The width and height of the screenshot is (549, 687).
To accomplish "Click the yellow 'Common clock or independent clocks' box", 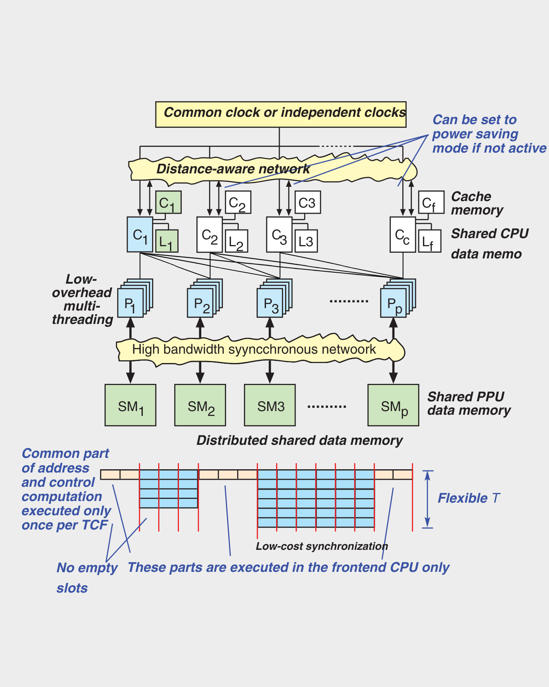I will coord(281,114).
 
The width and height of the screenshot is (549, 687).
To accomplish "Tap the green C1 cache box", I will coord(168,202).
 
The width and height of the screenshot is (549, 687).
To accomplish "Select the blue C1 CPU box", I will coord(140,234).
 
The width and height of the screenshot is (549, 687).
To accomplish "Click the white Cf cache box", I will coord(431,202).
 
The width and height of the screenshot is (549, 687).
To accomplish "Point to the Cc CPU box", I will coord(403,235).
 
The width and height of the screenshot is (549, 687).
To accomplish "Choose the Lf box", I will coord(429,241).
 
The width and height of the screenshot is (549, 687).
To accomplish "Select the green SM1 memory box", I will coord(130,405).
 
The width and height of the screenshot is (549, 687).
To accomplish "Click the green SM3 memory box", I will coord(270,405).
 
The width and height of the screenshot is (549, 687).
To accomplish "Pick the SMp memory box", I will coord(393,405).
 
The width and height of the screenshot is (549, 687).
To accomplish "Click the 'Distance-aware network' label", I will coord(233,169).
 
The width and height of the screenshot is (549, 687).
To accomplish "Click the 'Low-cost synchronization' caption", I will coord(322,546).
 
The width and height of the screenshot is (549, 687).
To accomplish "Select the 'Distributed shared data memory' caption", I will coord(299,440).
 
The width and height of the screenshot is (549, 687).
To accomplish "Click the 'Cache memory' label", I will coord(477,203).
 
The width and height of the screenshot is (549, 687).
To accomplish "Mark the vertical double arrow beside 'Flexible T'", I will coord(427,499).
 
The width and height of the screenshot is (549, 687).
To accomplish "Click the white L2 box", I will coord(237,241).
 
